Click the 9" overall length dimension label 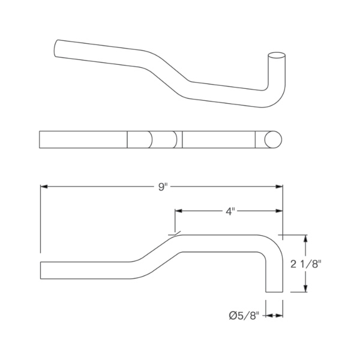[x=162, y=187]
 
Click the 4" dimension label [x=230, y=211]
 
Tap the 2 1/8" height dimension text [x=305, y=264]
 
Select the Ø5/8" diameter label [x=244, y=316]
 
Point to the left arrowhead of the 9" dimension [x=44, y=187]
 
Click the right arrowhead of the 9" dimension [x=279, y=187]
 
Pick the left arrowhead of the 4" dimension [x=179, y=211]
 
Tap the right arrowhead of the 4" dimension [x=279, y=211]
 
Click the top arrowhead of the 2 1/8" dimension [x=305, y=239]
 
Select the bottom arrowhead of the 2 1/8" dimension [x=305, y=289]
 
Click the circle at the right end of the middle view [x=273, y=140]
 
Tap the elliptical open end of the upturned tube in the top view [x=277, y=55]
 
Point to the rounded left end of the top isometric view [x=56, y=48]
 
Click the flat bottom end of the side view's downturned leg [x=274, y=292]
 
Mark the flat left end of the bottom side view [x=40, y=270]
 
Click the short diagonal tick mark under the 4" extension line [x=175, y=233]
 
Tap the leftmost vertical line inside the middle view [x=127, y=140]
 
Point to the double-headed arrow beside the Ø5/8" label [x=274, y=316]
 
